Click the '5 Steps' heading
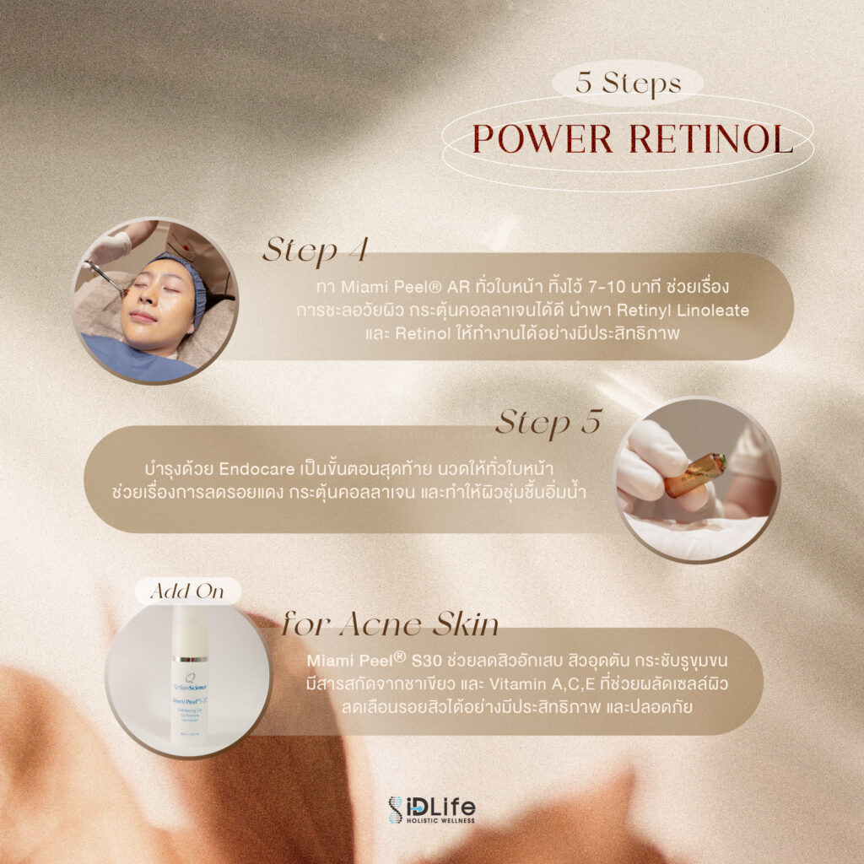point(628,84)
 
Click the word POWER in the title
point(543,138)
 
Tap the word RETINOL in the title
point(710,138)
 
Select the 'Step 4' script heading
point(316,250)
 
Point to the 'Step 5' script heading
point(548,424)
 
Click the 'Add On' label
point(187,591)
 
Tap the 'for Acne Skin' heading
point(390,625)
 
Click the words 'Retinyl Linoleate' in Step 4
point(683,310)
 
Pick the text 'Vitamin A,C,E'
point(543,683)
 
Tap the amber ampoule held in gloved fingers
point(695,475)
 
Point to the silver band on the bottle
point(190,659)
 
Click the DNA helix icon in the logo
point(395,810)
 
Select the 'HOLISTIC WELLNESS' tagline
point(440,820)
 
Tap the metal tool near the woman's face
point(105,278)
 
